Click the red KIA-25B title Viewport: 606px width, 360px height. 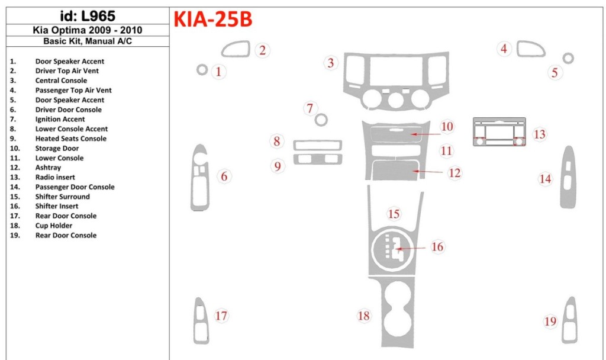[x=212, y=20]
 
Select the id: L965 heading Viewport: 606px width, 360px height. [x=88, y=17]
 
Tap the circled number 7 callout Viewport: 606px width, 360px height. [x=310, y=108]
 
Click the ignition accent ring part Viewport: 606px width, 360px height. [x=321, y=120]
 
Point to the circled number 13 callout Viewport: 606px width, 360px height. [x=539, y=134]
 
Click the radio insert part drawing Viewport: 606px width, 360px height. [x=499, y=133]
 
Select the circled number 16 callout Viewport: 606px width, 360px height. [x=437, y=246]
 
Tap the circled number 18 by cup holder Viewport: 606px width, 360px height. [x=363, y=316]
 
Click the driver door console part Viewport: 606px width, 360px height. [x=199, y=177]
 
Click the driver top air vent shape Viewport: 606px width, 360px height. [x=236, y=49]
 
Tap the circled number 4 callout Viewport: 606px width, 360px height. [x=504, y=49]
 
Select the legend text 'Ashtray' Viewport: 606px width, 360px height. [x=48, y=168]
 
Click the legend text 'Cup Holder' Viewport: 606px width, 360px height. [x=53, y=226]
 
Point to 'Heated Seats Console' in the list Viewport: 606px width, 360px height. [x=70, y=139]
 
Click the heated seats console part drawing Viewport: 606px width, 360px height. [x=317, y=159]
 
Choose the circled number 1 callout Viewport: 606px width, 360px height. [x=219, y=72]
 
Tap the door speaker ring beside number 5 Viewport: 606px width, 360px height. [x=568, y=58]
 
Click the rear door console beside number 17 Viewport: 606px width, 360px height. [x=201, y=320]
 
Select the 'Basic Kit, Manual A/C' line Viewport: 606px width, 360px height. [x=88, y=41]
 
